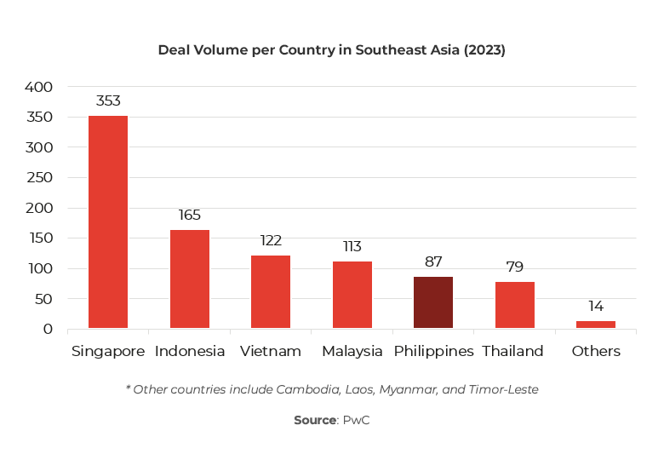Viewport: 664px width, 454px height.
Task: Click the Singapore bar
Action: [108, 222]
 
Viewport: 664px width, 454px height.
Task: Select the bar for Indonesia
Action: [189, 279]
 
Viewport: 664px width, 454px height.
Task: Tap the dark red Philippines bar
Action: [433, 302]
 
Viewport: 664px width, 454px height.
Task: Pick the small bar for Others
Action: [595, 325]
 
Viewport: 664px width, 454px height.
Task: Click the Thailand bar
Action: [514, 305]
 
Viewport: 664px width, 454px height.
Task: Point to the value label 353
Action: [108, 101]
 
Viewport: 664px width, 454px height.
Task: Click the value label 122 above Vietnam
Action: [271, 241]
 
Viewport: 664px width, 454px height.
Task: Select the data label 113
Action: [352, 246]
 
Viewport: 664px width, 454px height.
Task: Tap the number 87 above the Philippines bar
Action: [433, 262]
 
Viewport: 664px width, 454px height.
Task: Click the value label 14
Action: [595, 307]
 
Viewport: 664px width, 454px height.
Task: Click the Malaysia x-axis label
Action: [352, 352]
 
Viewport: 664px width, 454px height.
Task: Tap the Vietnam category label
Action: [271, 352]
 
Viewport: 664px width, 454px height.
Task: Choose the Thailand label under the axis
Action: [512, 352]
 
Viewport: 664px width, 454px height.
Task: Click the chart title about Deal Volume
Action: [331, 50]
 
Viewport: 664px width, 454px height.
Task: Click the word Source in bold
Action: [315, 421]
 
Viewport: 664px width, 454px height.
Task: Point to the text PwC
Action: [356, 421]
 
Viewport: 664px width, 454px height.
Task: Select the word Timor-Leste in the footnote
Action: [506, 390]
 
